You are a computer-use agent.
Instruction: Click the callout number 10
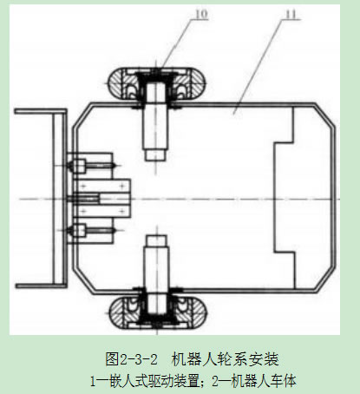[x=202, y=14]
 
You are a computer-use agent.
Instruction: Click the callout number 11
[x=291, y=14]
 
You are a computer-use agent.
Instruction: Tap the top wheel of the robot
[x=157, y=84]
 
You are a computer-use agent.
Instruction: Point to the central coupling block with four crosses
[x=102, y=199]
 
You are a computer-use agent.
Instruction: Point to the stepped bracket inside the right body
[x=285, y=198]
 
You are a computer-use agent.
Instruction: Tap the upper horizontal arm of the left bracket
[x=41, y=112]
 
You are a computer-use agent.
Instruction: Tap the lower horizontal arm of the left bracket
[x=41, y=286]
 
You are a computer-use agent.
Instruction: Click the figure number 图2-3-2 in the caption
[x=132, y=359]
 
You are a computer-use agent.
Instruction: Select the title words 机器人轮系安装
[x=226, y=359]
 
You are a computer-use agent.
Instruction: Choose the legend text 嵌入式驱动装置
[x=155, y=381]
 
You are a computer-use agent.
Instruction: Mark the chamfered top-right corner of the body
[x=325, y=115]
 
